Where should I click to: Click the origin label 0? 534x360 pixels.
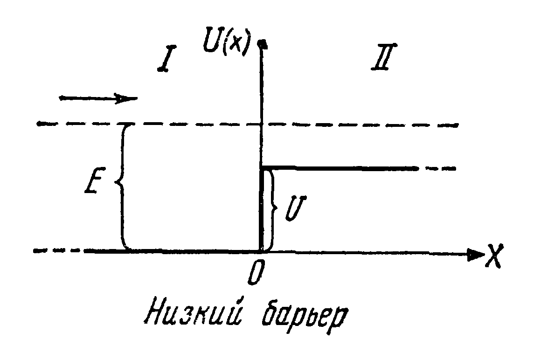coord(255,275)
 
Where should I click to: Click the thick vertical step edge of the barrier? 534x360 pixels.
coord(261,210)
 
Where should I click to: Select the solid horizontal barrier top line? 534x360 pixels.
coord(340,167)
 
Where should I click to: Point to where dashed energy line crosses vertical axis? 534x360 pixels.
coord(262,124)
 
